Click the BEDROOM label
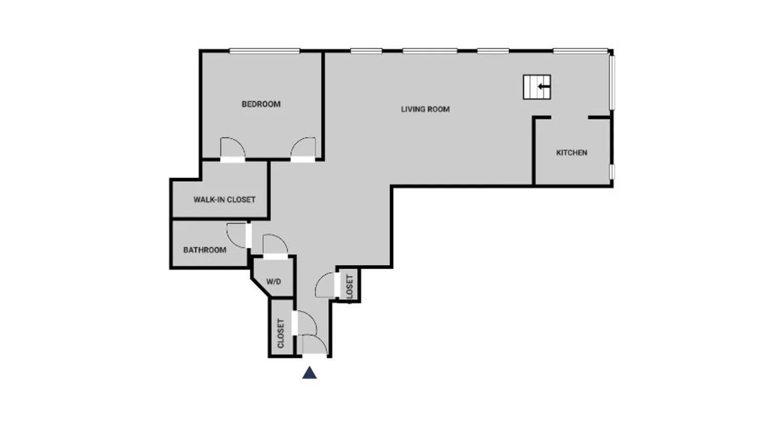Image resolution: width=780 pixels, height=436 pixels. click(261, 104)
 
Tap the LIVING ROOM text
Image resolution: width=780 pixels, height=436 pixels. click(425, 109)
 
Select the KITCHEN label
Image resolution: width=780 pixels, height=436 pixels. click(571, 153)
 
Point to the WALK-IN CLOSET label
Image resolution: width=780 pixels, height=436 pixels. click(224, 200)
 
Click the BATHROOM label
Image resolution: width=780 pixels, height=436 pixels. click(205, 250)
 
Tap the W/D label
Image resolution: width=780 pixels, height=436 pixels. click(274, 282)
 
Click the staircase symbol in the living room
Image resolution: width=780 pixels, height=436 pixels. click(537, 87)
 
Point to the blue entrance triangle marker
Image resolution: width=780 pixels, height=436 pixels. click(309, 373)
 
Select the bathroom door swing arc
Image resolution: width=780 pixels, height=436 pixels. click(237, 235)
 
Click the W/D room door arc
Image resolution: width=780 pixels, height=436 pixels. click(275, 244)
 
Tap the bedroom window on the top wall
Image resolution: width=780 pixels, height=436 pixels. click(264, 51)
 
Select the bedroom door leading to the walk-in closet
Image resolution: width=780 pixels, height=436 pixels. click(232, 149)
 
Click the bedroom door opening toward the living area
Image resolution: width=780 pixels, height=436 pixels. click(304, 149)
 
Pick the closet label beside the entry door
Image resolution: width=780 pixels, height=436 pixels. click(281, 333)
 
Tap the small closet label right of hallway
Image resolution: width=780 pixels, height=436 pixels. click(350, 287)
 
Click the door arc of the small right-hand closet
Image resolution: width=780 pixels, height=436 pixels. click(325, 285)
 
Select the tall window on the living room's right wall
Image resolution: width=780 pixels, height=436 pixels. click(612, 82)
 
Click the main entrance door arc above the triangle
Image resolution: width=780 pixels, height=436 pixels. click(315, 344)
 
